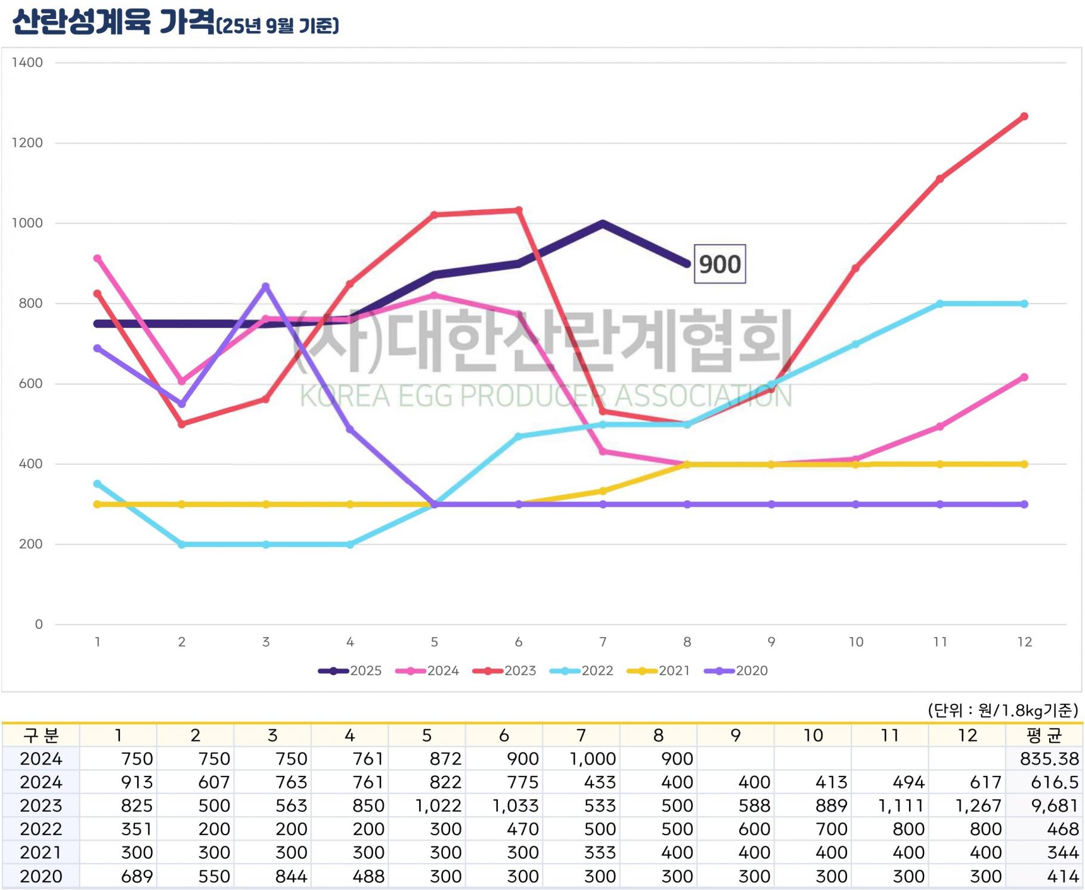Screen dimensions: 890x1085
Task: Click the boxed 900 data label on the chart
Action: coord(720,264)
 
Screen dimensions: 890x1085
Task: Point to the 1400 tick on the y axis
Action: coord(27,63)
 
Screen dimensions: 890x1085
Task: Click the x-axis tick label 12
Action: coord(1024,642)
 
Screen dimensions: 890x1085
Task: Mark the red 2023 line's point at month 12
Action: coord(1024,116)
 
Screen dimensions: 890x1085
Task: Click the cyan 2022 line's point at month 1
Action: coord(97,484)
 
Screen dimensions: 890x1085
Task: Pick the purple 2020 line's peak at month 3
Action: coord(266,286)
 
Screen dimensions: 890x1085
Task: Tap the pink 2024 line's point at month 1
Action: coord(97,258)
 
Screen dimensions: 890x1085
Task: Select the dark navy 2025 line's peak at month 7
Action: coord(603,224)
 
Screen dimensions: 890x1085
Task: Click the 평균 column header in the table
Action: coord(1044,736)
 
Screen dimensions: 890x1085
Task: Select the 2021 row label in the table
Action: coord(41,853)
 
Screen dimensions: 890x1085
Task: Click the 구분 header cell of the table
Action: coord(41,736)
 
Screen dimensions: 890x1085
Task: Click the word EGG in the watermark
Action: coord(426,396)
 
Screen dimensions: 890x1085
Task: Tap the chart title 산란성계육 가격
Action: coord(113,23)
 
